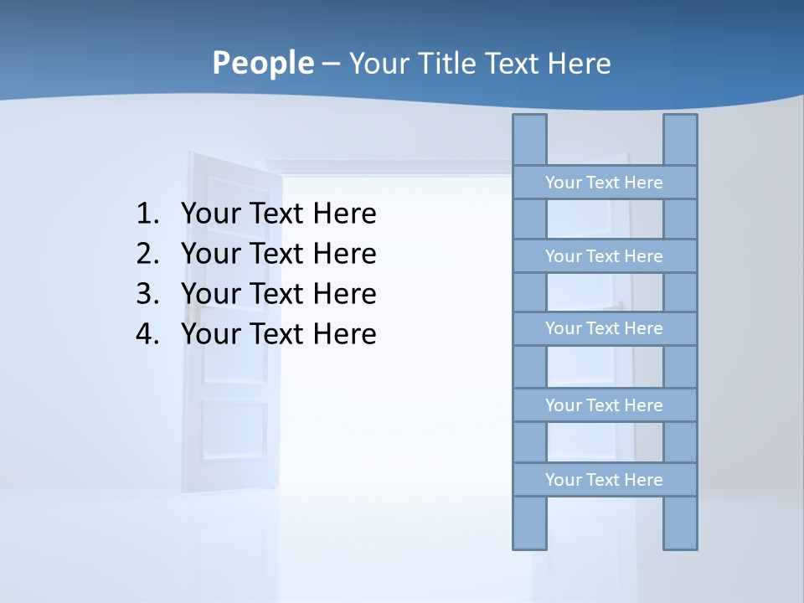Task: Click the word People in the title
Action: click(262, 63)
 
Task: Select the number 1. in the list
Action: click(147, 214)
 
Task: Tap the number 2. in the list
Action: click(147, 254)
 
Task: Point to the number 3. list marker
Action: click(147, 294)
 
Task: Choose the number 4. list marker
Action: click(147, 334)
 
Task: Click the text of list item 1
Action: click(278, 214)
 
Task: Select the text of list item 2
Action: click(278, 254)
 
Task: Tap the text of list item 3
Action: click(278, 294)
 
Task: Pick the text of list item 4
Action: click(278, 334)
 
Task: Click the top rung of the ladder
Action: click(604, 182)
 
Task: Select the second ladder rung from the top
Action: click(604, 255)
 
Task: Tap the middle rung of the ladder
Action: click(604, 328)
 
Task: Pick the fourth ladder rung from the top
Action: click(604, 405)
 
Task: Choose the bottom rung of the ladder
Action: click(604, 479)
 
